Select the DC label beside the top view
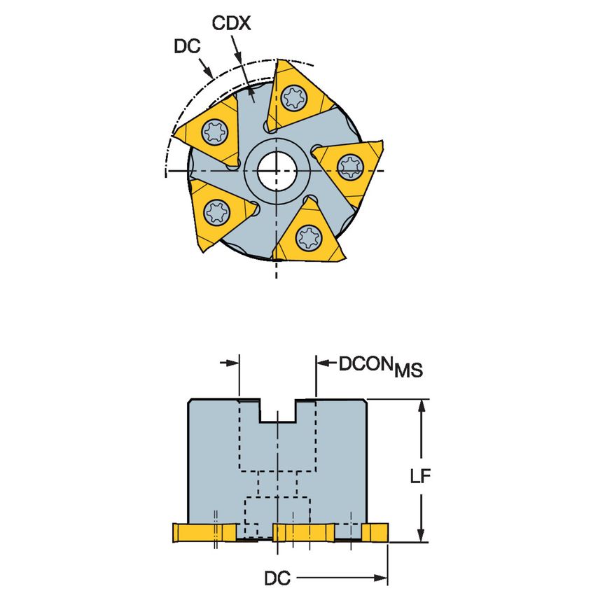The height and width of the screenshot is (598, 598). point(186,46)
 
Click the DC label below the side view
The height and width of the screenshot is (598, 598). point(277,578)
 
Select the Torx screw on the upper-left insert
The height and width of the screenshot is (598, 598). point(214,130)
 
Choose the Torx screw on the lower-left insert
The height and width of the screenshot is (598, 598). point(213,209)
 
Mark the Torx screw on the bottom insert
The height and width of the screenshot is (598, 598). point(306,236)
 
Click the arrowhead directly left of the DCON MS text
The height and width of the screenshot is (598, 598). point(324,363)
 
